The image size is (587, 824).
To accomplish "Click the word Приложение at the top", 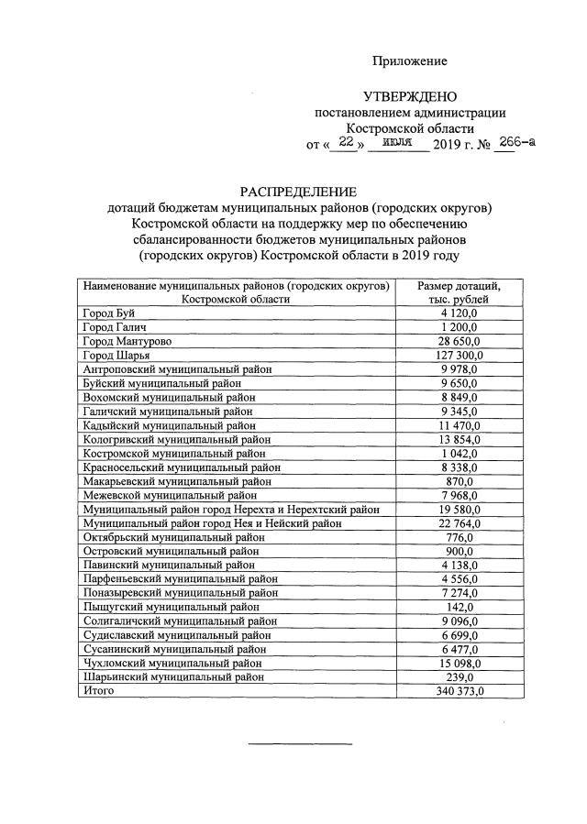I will coord(409,61).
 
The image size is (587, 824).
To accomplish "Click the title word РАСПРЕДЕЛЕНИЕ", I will coord(297,192).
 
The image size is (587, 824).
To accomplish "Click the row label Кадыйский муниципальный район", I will coord(169,425).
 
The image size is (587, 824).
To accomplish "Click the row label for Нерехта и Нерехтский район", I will coord(231,510).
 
